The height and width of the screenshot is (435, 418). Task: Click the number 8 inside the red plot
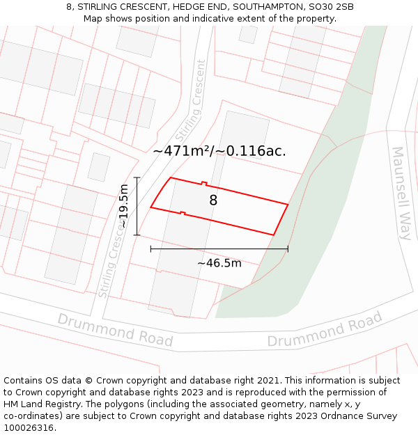213,200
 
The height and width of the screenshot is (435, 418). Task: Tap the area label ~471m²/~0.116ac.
219,150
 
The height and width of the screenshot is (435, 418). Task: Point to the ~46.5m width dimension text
219,263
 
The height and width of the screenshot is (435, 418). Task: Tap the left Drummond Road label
115,330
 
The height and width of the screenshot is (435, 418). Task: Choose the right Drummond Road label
325,331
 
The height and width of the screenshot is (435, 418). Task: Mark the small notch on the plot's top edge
204,184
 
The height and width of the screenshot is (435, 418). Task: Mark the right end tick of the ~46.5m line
288,248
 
